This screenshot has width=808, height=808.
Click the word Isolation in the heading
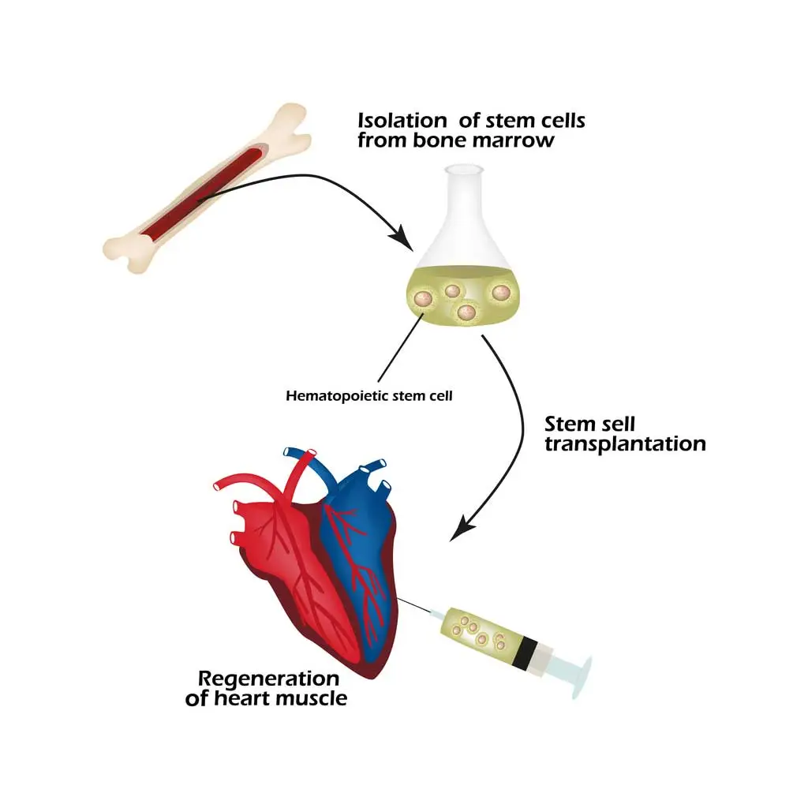pos(402,120)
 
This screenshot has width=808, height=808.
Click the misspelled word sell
pos(617,424)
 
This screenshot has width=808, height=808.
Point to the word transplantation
pos(625,443)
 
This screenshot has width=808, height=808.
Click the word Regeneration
pos(268,679)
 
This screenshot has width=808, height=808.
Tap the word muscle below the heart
pos(312,699)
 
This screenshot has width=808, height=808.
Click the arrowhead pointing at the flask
pos(402,238)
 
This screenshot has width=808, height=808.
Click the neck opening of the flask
pos(464,169)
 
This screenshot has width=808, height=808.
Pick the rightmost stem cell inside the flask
pos(501,293)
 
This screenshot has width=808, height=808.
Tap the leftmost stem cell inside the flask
pos(423,298)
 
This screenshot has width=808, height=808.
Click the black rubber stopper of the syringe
pos(525,653)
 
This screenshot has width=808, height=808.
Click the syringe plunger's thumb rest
pos(582,678)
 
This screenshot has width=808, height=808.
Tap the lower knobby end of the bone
pos(126,252)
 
